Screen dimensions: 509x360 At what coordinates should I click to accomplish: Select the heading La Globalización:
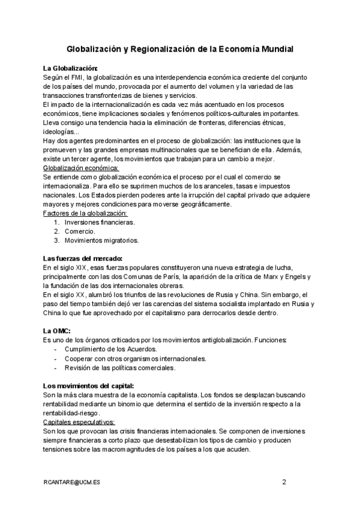pos(70,68)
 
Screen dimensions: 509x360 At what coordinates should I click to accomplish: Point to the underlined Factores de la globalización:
pos(86,213)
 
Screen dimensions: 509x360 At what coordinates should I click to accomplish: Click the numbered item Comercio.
pos(80,231)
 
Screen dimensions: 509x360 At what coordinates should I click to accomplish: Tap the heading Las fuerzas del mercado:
pos(83,258)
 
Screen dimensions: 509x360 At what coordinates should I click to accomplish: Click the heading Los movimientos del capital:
pos(89,385)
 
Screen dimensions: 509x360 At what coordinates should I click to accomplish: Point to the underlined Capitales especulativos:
pos(79,422)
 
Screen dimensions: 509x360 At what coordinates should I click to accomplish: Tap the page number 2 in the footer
pos(284,481)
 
